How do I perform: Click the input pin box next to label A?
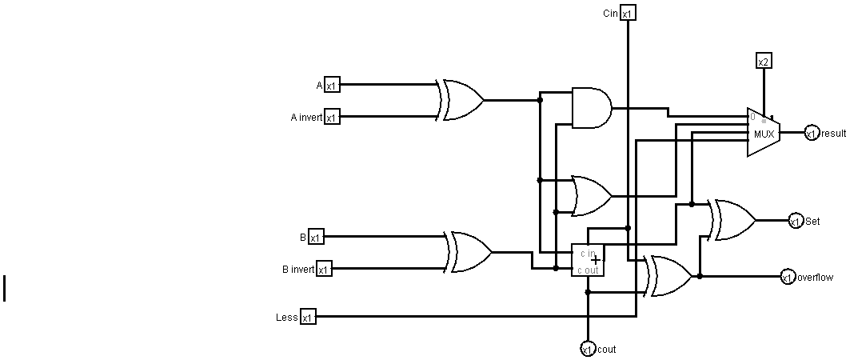click(332, 86)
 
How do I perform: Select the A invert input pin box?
click(332, 118)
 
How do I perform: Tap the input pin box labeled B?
click(316, 237)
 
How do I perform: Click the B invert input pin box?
click(324, 269)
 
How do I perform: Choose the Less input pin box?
click(308, 318)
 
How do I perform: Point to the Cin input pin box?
click(628, 14)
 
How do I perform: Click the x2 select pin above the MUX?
click(764, 62)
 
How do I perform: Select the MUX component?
click(764, 133)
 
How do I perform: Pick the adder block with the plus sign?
click(588, 261)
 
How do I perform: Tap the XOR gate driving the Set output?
click(734, 220)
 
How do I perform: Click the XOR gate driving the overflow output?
click(671, 277)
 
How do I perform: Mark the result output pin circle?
click(812, 134)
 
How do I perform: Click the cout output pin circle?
click(588, 349)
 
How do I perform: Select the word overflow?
click(815, 278)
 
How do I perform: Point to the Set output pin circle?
click(796, 222)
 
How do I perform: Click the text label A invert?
click(306, 118)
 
